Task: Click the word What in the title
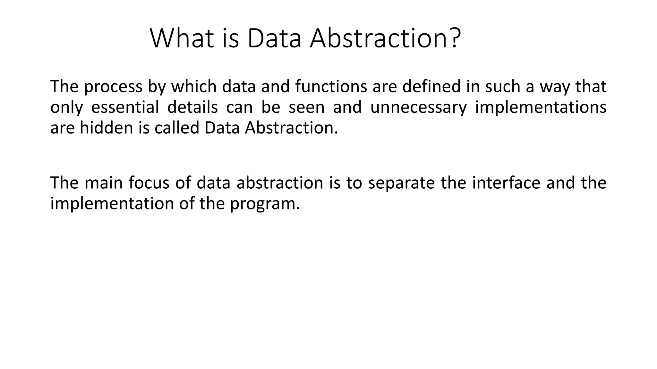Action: pos(182,38)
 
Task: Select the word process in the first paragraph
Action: pos(113,87)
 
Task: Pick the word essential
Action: pos(125,107)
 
